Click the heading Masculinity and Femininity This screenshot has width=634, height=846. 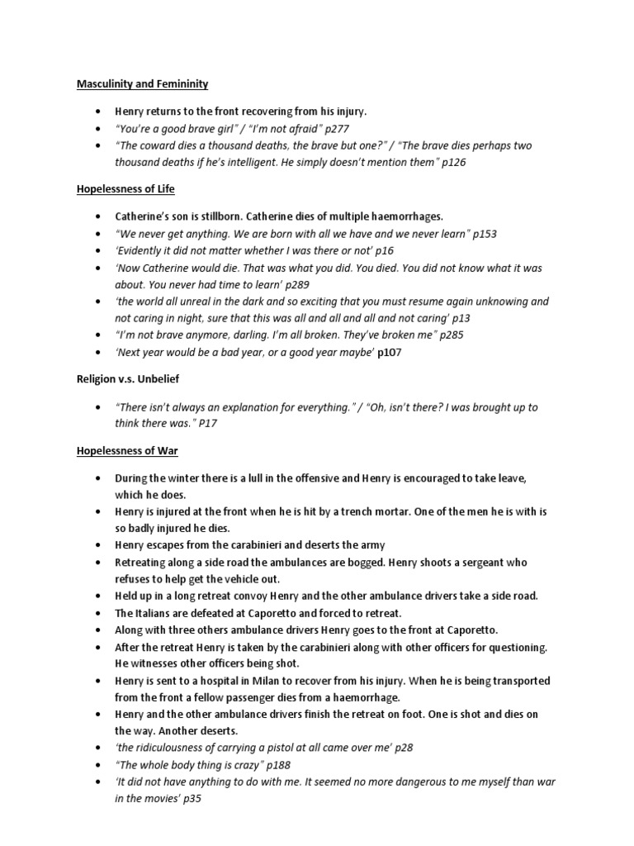point(142,83)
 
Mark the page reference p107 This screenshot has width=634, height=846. point(390,353)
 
